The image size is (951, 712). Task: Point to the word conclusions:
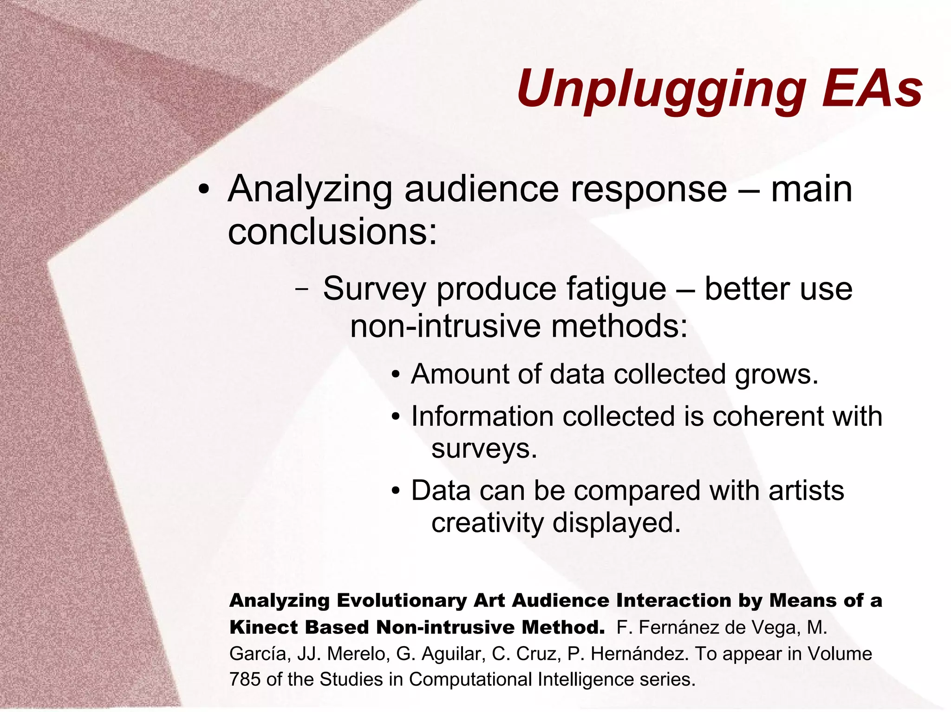(x=332, y=232)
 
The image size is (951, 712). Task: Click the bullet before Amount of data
(x=395, y=375)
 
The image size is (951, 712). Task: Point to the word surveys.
(x=484, y=449)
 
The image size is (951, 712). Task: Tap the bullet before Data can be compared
(x=395, y=491)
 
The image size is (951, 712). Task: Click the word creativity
(x=487, y=523)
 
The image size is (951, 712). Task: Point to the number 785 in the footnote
(x=245, y=680)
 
